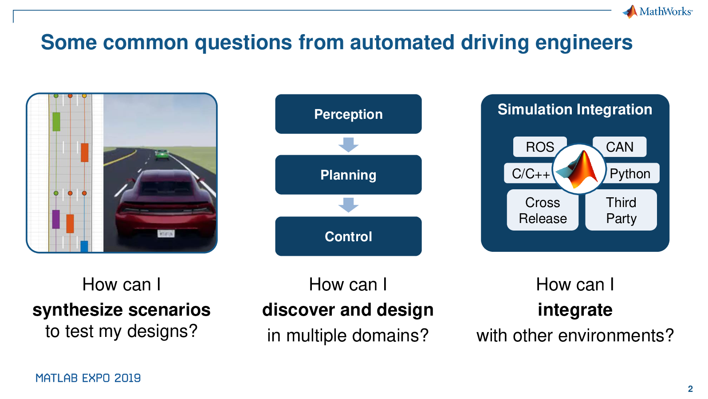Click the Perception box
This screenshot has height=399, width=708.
click(348, 114)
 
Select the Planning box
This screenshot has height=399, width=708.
click(348, 175)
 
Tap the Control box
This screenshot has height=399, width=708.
click(348, 236)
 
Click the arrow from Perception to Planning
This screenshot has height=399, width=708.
click(348, 145)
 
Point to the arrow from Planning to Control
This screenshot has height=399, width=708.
click(348, 205)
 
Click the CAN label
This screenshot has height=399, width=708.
click(620, 147)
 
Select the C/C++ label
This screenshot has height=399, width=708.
click(529, 173)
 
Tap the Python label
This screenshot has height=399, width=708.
click(630, 173)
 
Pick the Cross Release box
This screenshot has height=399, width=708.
click(543, 210)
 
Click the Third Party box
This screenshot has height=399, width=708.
click(621, 210)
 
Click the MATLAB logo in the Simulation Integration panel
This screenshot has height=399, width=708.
click(579, 169)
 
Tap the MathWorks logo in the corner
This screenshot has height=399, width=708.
click(657, 12)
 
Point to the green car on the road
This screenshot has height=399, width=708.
click(161, 154)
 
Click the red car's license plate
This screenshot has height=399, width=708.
click(166, 234)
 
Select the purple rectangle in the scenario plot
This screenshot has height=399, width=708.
click(56, 219)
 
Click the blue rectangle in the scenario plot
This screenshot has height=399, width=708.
click(84, 246)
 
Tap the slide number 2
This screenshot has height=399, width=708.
click(690, 389)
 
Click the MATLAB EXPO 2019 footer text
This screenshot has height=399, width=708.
click(88, 378)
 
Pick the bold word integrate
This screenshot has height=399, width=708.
click(575, 309)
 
